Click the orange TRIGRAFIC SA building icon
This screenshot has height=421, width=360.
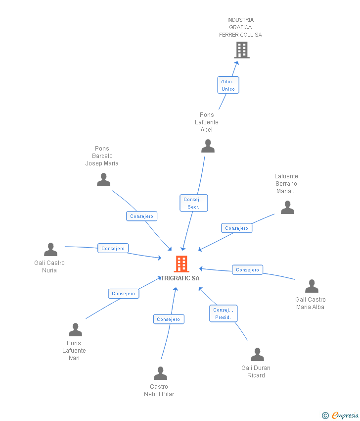181,264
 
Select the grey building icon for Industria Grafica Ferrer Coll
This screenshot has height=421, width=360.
241,50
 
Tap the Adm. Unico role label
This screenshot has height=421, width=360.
228,85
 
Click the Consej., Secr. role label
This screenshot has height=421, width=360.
193,203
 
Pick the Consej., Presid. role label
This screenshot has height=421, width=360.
223,314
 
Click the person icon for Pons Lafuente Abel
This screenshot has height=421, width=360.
208,146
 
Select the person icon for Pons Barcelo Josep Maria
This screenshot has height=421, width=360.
103,180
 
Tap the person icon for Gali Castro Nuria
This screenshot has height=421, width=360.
50,250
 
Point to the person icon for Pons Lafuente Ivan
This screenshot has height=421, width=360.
75,330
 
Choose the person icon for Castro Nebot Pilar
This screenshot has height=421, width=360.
160,373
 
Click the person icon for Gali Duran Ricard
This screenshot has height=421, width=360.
257,355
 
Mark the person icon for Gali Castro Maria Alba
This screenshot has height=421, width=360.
312,286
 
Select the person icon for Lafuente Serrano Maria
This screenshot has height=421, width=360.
287,208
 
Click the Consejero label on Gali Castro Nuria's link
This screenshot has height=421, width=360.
113,248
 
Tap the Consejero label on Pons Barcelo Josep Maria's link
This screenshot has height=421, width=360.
142,216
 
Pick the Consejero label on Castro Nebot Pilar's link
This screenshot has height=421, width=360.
169,319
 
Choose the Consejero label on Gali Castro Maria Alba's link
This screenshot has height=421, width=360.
247,270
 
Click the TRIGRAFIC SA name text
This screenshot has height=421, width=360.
180,278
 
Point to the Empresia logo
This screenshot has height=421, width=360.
341,416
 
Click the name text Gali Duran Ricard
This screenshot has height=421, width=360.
256,371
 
